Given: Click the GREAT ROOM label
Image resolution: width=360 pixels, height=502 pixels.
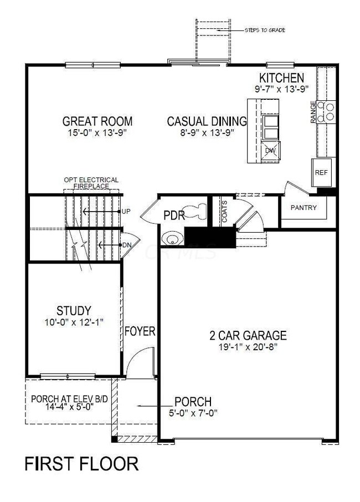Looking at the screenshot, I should pyautogui.click(x=97, y=121).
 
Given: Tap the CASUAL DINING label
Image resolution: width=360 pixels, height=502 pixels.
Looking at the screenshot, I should pyautogui.click(x=207, y=121).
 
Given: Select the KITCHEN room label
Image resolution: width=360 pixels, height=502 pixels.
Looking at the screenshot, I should pyautogui.click(x=283, y=78).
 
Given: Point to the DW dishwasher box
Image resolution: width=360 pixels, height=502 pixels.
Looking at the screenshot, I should pyautogui.click(x=271, y=151).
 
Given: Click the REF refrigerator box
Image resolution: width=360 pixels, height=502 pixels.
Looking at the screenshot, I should pyautogui.click(x=321, y=172).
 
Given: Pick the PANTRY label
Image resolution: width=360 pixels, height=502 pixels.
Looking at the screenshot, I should pyautogui.click(x=304, y=208).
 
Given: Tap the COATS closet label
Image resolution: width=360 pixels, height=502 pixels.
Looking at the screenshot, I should pyautogui.click(x=224, y=211).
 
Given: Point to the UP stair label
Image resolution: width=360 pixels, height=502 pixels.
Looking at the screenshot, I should pyautogui.click(x=126, y=212).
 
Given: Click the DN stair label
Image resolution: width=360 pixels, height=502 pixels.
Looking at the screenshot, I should pyautogui.click(x=126, y=245).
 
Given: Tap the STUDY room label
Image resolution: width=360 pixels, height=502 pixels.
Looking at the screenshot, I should pyautogui.click(x=73, y=310).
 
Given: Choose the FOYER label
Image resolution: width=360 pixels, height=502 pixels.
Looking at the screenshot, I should pyautogui.click(x=140, y=331).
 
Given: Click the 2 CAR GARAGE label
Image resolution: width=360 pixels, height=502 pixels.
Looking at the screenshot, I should pyautogui.click(x=248, y=335).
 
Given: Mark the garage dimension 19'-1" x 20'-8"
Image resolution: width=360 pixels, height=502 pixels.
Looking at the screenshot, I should pyautogui.click(x=248, y=347).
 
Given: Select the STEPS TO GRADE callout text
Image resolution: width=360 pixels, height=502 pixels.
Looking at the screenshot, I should pyautogui.click(x=265, y=30).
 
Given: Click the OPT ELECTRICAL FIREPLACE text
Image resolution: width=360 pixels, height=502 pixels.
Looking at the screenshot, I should pyautogui.click(x=91, y=183).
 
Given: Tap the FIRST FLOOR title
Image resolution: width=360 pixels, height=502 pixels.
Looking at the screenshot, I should pyautogui.click(x=81, y=464).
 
